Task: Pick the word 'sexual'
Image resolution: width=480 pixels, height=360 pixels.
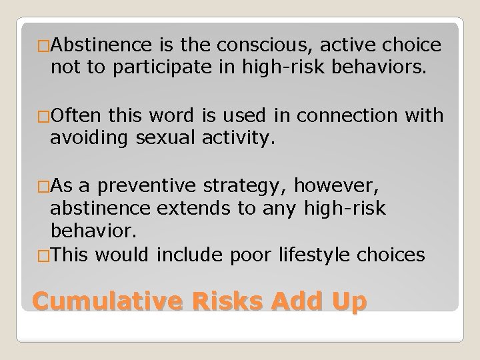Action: [163, 137]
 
